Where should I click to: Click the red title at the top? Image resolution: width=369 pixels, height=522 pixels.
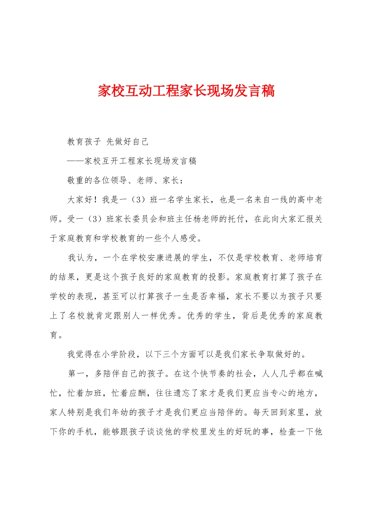coord(186,91)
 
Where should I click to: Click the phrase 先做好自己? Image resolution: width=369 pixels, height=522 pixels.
coord(127,142)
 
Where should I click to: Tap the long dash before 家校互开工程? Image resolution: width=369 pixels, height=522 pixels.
coord(76,161)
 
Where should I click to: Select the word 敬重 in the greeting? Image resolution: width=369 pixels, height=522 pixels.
coord(76,181)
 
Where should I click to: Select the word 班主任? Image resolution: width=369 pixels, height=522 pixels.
coord(180,219)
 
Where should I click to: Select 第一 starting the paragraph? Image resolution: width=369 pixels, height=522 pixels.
coord(76,374)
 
